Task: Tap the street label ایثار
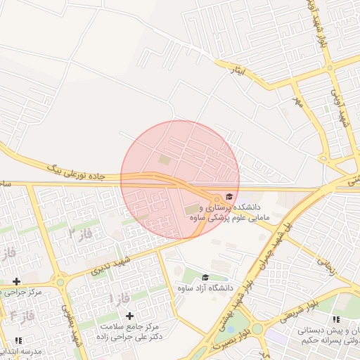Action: tap(239, 70)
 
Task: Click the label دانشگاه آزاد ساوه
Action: tap(205, 288)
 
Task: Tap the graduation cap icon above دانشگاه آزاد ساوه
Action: tap(205, 277)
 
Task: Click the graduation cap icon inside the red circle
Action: tap(229, 197)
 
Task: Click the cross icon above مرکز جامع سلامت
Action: tap(129, 316)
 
